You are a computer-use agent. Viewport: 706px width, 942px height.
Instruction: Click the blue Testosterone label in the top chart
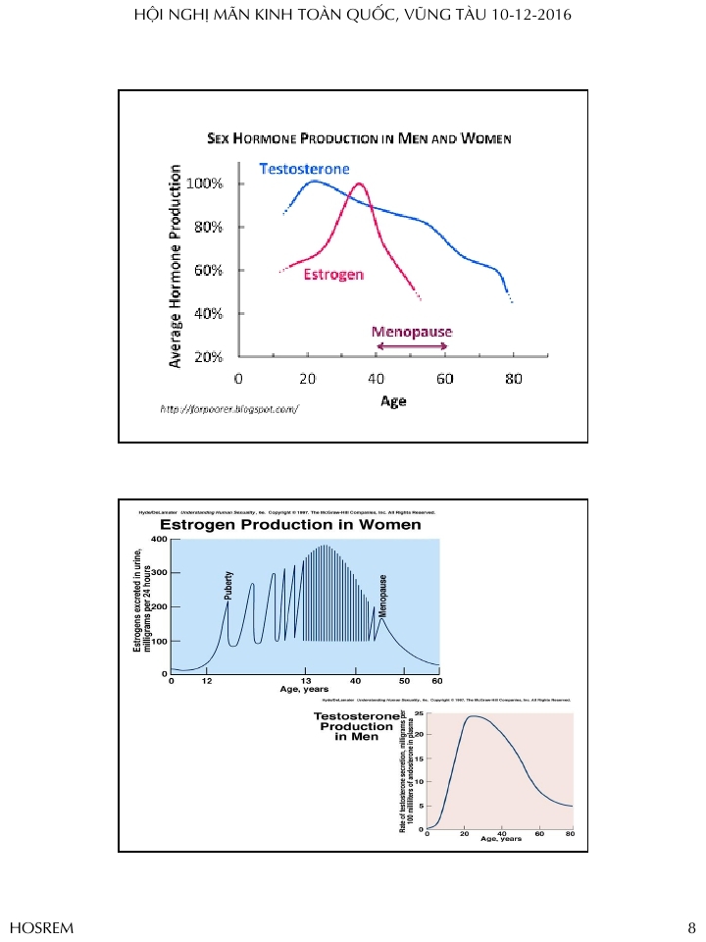pos(304,169)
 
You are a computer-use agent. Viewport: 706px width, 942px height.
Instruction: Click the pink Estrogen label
pos(333,274)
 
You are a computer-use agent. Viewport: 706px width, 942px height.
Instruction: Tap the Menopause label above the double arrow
pos(412,332)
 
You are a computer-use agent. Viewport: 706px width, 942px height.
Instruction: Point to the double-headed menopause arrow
pos(412,346)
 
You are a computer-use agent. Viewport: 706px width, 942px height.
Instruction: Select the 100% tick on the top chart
pos(206,183)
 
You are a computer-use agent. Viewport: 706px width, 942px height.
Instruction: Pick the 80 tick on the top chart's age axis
pos(513,379)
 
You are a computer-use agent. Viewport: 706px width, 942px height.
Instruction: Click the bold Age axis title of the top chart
pos(393,401)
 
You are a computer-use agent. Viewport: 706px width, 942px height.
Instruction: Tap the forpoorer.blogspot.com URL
pos(228,407)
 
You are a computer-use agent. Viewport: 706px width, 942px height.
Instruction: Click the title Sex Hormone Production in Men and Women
pos(359,139)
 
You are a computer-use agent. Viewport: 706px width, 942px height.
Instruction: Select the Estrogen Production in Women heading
pos(290,525)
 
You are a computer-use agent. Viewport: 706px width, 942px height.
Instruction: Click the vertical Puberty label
pos(229,585)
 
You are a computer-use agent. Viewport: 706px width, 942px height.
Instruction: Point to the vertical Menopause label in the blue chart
pos(383,595)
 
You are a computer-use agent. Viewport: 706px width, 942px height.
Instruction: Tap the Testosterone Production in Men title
pos(357,727)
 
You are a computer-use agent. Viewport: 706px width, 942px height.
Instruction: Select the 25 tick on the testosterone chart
pos(419,713)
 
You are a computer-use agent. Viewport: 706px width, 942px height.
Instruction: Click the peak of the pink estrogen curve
pos(359,184)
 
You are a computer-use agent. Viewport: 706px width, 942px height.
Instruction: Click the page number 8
pos(690,927)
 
